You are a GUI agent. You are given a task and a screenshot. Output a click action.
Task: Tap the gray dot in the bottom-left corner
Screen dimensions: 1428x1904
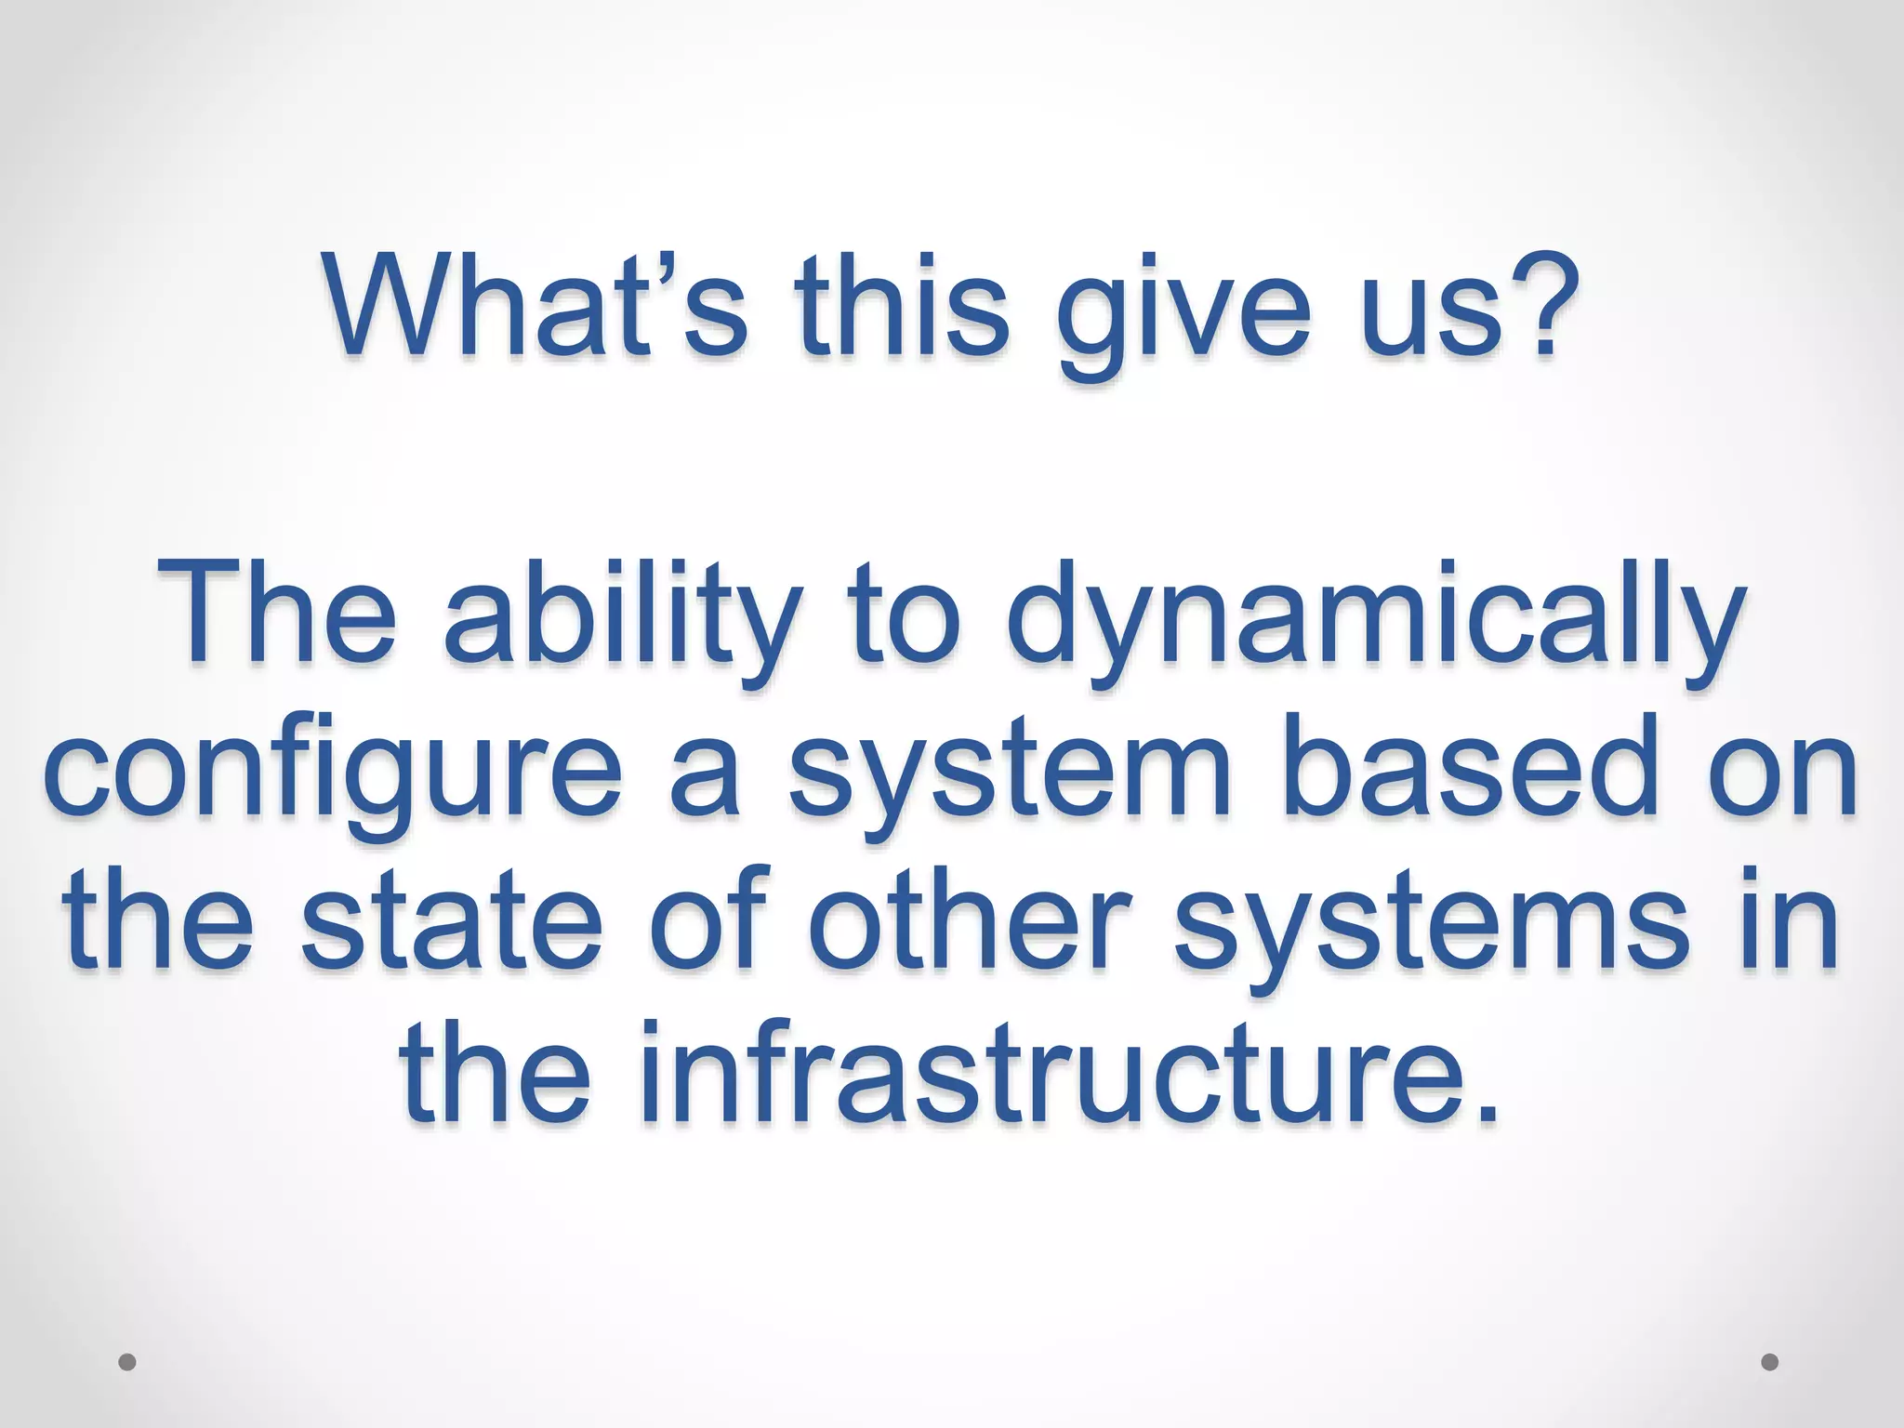[x=127, y=1363]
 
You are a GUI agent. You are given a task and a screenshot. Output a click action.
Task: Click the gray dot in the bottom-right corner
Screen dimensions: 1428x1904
[x=1770, y=1363]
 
